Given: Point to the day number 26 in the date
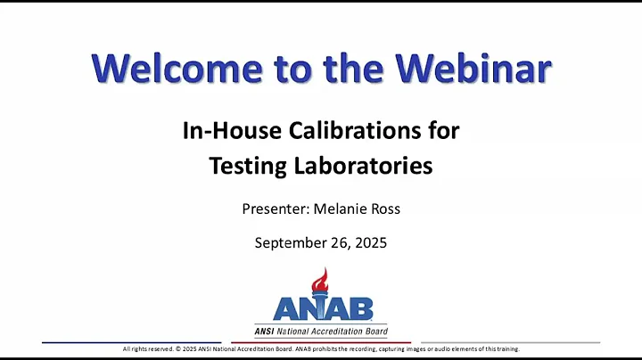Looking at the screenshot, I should click(345, 242).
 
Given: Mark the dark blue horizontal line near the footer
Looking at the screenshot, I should click(134, 341).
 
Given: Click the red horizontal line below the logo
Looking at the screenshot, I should click(321, 341).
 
